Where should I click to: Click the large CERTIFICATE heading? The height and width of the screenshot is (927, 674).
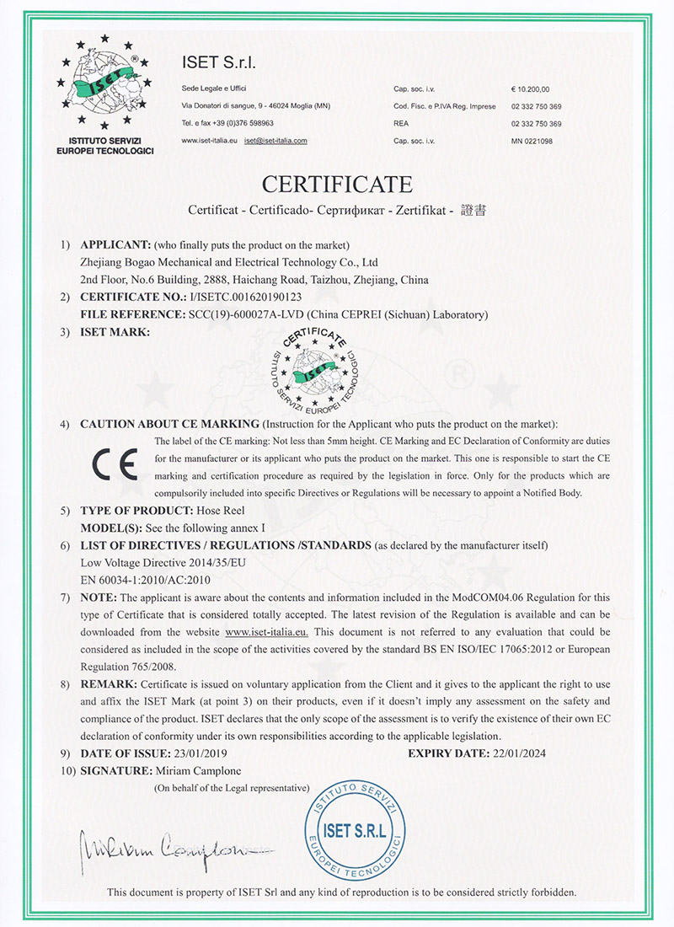[337, 183]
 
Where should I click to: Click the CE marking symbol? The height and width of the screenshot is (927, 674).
[117, 465]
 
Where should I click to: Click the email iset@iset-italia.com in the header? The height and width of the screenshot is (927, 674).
[275, 141]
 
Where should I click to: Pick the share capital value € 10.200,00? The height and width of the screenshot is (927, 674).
[530, 88]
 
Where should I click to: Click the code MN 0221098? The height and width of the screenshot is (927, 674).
[532, 141]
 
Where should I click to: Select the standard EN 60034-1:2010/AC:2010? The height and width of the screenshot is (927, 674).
[144, 580]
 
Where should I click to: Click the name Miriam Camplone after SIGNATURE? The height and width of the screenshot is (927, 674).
[222, 771]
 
